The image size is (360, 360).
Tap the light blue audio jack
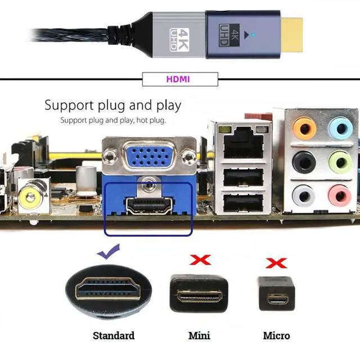pyautogui.click(x=340, y=128)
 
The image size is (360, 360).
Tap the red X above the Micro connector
pyautogui.click(x=276, y=262)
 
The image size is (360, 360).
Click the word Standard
pyautogui.click(x=114, y=336)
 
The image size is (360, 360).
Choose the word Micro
pyautogui.click(x=277, y=336)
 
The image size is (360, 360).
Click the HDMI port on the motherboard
pyautogui.click(x=148, y=205)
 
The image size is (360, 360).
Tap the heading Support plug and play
pyautogui.click(x=112, y=105)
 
